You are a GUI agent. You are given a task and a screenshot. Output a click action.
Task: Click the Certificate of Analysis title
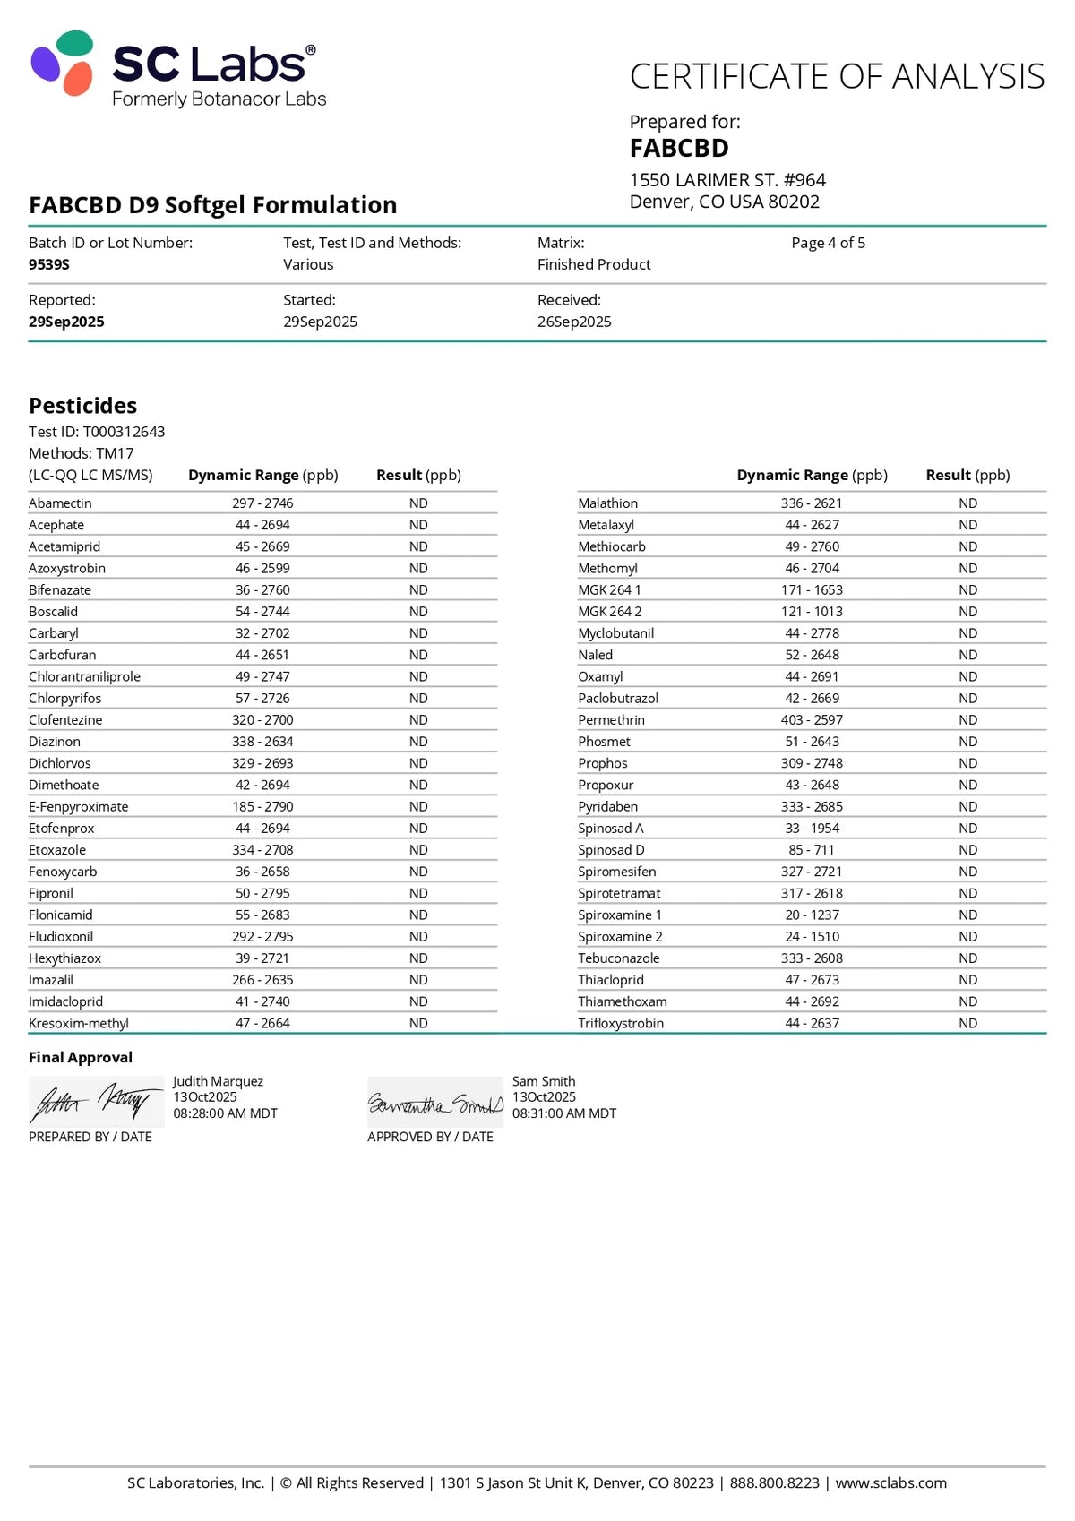tap(837, 77)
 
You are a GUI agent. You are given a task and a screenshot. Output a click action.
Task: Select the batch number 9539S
tap(49, 264)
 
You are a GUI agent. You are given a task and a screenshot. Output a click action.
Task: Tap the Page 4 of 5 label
tap(828, 243)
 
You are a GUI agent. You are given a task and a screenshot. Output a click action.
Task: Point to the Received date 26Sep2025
tap(574, 322)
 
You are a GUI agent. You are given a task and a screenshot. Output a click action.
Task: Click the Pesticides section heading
tap(82, 406)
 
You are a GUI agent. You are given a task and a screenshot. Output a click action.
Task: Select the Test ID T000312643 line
tap(97, 432)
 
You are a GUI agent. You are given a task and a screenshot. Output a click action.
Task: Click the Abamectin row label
tap(60, 503)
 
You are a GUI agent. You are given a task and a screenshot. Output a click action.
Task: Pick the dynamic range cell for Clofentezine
tap(262, 720)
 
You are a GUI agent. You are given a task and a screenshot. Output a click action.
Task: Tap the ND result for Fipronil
tap(418, 893)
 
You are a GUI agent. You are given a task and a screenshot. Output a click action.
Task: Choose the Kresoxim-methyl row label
tap(79, 1023)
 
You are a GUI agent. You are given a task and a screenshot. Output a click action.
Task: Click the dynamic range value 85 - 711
tap(812, 850)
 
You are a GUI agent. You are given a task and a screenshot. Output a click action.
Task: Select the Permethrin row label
tap(611, 720)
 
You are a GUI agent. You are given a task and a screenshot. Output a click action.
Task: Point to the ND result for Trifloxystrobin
tap(967, 1023)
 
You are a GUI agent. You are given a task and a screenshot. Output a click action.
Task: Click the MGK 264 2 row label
tap(609, 612)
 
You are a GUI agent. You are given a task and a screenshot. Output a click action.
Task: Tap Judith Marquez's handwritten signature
tap(96, 1102)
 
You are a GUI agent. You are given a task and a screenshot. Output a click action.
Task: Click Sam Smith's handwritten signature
tap(435, 1104)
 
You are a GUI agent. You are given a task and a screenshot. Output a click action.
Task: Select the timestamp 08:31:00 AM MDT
tap(564, 1113)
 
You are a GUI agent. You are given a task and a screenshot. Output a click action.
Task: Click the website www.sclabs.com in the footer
tap(890, 1482)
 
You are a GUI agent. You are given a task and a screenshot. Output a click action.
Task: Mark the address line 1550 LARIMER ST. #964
tap(727, 180)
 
